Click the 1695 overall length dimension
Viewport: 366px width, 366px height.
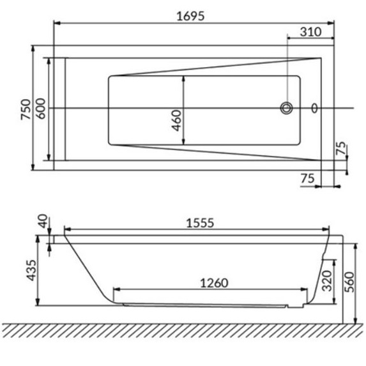point(190,17)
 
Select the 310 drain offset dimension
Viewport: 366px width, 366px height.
point(310,32)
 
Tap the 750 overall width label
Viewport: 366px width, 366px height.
point(26,109)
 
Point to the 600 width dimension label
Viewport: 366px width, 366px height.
point(41,109)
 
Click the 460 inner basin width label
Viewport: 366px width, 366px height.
point(176,121)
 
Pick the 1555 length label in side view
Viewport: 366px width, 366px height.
point(200,223)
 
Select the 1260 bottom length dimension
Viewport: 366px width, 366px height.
point(214,283)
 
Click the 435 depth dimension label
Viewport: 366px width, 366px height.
point(31,270)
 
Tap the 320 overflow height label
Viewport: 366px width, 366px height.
point(327,281)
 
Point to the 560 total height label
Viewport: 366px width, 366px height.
point(349,282)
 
